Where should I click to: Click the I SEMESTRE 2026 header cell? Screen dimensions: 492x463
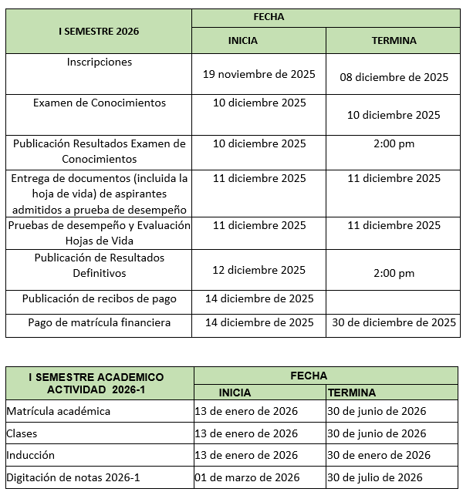[x=98, y=32]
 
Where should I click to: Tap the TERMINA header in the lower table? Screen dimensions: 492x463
[x=351, y=393]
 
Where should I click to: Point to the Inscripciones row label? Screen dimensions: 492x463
[x=100, y=62]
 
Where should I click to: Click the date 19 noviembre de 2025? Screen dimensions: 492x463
[x=259, y=75]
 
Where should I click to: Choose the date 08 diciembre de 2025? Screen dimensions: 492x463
[x=394, y=77]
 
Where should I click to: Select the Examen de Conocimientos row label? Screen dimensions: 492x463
[x=100, y=103]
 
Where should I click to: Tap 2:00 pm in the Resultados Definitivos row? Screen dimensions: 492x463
[x=394, y=273]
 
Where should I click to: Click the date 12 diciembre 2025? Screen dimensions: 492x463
[x=259, y=271]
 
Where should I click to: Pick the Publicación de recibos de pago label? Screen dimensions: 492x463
[x=100, y=298]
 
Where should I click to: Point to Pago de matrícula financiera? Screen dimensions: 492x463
[x=100, y=323]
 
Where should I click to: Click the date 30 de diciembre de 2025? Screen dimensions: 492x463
[x=394, y=323]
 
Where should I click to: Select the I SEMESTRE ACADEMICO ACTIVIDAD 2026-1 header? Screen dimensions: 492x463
[x=96, y=382]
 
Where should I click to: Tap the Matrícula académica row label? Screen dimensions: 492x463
[x=58, y=411]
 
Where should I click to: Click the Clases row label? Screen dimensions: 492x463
[x=22, y=433]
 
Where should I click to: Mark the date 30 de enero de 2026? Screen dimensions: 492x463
[x=378, y=455]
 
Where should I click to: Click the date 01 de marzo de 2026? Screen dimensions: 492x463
[x=247, y=477]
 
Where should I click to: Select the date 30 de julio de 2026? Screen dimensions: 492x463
[x=375, y=477]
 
